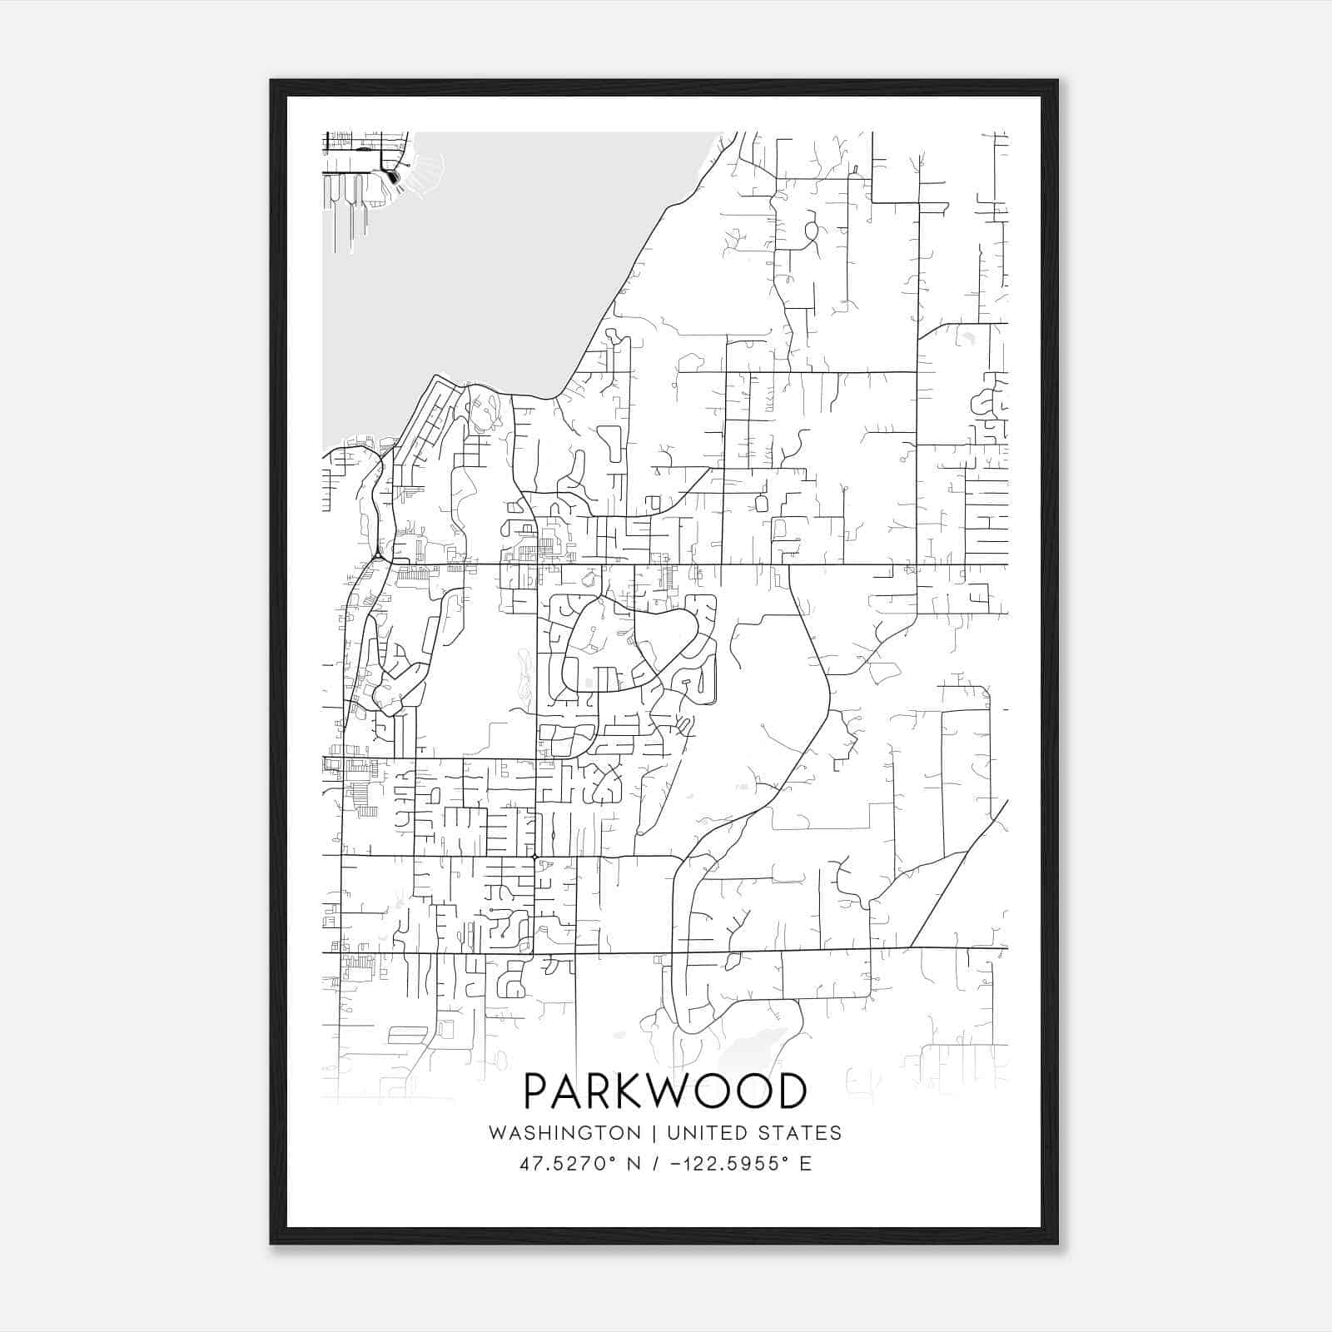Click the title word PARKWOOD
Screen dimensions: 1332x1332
[x=665, y=1091]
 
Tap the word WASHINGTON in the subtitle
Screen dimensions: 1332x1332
[x=564, y=1133]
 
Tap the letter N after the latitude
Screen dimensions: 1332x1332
[x=634, y=1164]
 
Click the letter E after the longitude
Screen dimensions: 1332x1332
[x=805, y=1164]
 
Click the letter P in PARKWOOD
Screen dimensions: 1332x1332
[x=537, y=1091]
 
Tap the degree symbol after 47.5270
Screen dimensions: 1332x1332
[x=612, y=1158]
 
